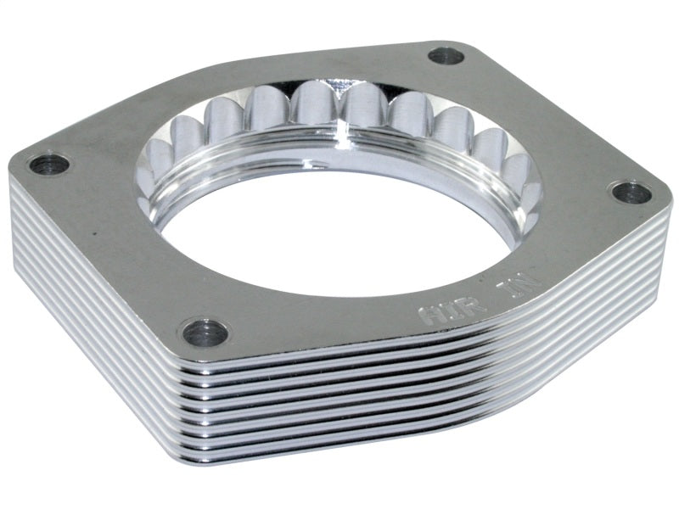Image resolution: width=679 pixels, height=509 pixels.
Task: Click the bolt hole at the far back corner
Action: pyautogui.click(x=446, y=57)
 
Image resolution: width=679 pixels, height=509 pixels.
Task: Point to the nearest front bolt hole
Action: pyautogui.click(x=205, y=332)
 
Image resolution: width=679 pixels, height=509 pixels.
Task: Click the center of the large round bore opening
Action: pyautogui.click(x=339, y=229)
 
